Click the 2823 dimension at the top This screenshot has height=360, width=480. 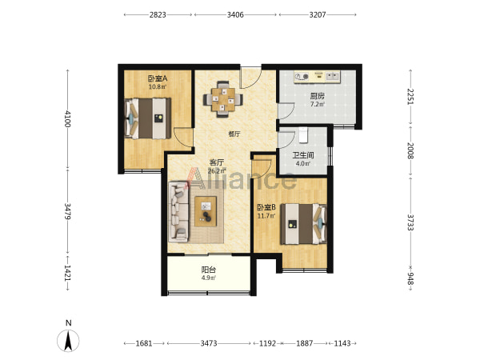click(158, 14)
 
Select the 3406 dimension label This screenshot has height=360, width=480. click(235, 14)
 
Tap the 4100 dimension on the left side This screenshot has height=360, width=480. click(68, 118)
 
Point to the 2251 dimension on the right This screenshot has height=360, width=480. click(410, 97)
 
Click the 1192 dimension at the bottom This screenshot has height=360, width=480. click(267, 343)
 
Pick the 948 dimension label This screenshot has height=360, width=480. click(410, 278)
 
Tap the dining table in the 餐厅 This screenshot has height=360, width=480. click(223, 99)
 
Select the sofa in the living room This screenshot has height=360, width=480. click(178, 211)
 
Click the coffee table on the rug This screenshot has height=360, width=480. click(206, 211)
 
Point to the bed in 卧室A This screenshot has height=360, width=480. click(148, 118)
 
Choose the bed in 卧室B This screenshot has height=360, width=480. click(304, 224)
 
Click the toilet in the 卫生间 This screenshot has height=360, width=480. click(302, 135)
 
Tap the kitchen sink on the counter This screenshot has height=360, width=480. click(333, 76)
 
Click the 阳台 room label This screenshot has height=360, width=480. click(209, 270)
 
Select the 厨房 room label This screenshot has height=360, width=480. click(317, 96)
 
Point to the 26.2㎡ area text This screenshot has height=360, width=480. click(217, 171)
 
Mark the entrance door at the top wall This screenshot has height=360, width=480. click(250, 77)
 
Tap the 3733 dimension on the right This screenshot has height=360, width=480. click(410, 222)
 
